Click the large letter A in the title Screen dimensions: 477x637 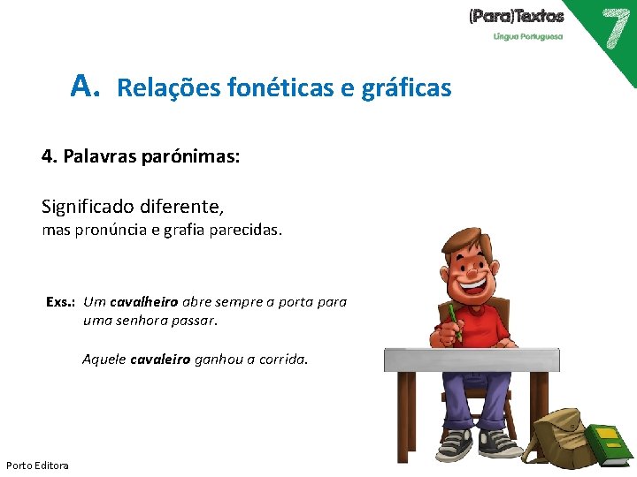[82, 86]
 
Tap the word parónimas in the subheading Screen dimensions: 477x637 [188, 157]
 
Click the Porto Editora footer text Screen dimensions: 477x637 [37, 465]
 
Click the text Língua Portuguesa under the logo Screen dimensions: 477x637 [527, 36]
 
